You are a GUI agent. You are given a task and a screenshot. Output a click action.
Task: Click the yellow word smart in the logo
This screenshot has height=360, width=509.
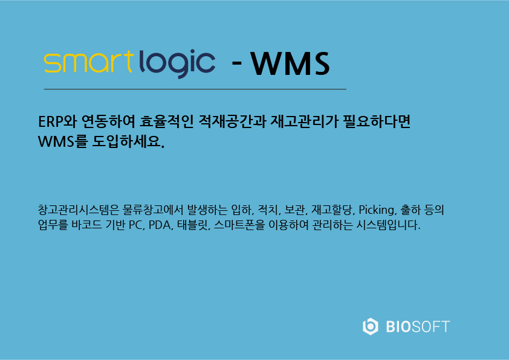tap(88, 62)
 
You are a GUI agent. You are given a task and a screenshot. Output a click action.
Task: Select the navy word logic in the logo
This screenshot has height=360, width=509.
tap(177, 63)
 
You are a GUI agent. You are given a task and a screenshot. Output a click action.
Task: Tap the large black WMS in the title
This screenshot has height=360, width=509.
tap(290, 63)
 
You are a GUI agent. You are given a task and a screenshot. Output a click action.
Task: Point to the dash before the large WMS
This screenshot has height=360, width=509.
tap(236, 62)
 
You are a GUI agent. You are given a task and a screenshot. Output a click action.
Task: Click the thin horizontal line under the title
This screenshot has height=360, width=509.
tap(195, 89)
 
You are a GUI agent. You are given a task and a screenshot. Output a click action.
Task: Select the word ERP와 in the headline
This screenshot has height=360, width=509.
tap(57, 121)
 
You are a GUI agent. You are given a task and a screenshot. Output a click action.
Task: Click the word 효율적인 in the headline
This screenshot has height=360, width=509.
tap(166, 121)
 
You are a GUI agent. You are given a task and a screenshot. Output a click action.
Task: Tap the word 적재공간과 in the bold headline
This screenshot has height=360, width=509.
tap(232, 121)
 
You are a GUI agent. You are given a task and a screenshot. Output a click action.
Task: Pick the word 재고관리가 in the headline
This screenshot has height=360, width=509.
tap(304, 121)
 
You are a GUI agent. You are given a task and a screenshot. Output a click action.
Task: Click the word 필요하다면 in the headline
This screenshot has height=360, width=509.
tap(377, 121)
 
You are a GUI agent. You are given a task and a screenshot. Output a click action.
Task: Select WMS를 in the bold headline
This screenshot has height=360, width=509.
tap(63, 141)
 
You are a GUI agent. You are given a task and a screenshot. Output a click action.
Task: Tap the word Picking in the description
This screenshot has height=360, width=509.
tap(376, 210)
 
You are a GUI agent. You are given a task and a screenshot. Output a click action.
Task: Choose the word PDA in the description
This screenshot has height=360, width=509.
tap(160, 225)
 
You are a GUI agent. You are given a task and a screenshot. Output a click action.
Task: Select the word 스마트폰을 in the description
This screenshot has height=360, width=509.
tap(239, 225)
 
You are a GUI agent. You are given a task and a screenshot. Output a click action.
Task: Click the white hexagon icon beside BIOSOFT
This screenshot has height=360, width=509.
tap(371, 326)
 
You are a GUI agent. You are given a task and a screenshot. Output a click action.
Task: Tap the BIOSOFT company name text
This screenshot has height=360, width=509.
tap(418, 327)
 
